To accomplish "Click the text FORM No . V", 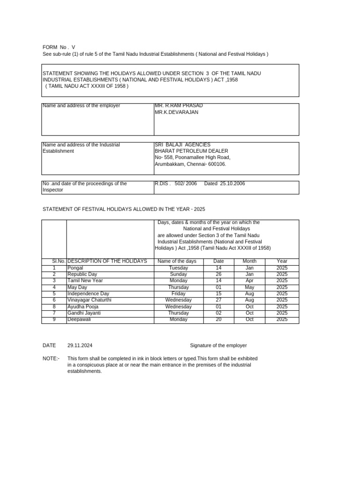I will (59, 47).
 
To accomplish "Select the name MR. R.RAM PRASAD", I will (179, 106).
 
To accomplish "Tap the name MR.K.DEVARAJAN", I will (176, 112).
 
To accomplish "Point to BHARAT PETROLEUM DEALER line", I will (191, 151).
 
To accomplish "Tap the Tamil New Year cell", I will (85, 281).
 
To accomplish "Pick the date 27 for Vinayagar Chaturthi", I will (218, 300).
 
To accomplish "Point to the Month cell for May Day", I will (249, 287).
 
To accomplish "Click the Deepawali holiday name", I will (79, 319).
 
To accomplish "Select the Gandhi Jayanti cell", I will (84, 313).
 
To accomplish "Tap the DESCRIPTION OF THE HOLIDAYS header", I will (107, 261).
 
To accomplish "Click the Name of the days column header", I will (177, 261).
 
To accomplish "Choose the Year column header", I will (282, 261).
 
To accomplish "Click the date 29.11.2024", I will (80, 345).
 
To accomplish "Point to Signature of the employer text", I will (218, 345).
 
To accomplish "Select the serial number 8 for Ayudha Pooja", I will (54, 307).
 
